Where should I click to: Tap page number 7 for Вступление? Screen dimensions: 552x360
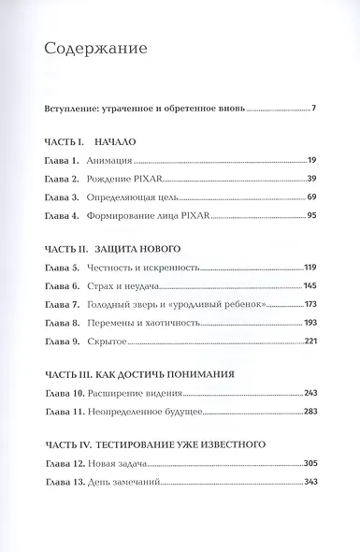click(x=314, y=109)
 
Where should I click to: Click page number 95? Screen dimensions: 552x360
click(x=310, y=216)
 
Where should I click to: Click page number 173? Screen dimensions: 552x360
click(x=310, y=304)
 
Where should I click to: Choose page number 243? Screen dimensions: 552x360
click(x=310, y=392)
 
